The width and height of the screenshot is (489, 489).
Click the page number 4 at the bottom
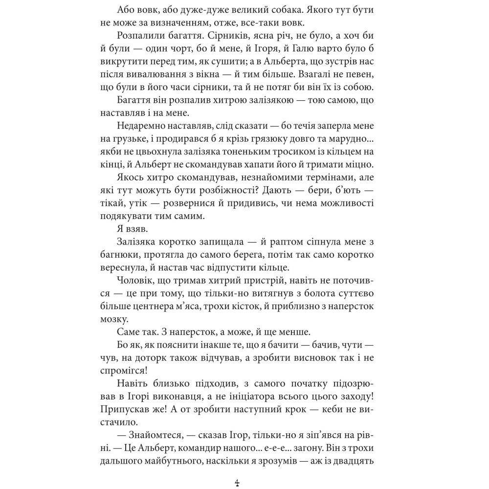click(x=237, y=483)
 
